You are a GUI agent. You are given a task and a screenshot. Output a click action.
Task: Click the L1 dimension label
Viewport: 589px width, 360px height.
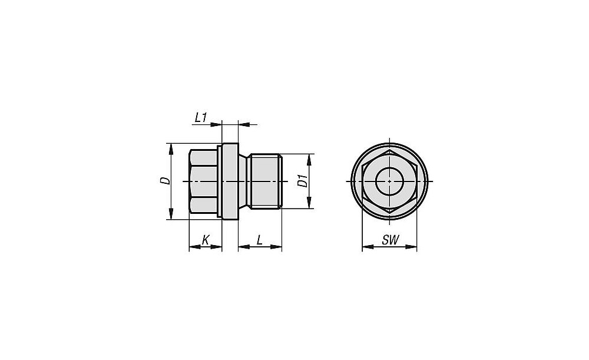tap(201, 118)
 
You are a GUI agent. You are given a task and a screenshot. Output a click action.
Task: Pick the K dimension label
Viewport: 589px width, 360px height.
tap(206, 240)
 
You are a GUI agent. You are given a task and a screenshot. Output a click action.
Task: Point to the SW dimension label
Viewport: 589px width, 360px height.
tap(391, 240)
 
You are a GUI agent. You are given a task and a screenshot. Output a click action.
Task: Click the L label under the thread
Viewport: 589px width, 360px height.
tap(260, 240)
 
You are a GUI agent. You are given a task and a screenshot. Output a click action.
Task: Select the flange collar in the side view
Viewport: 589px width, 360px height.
tap(230, 181)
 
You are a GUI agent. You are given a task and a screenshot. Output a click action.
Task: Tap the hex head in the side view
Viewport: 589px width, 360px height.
tap(204, 181)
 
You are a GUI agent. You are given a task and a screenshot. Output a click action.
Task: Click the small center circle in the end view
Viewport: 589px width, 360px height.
tap(390, 181)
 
